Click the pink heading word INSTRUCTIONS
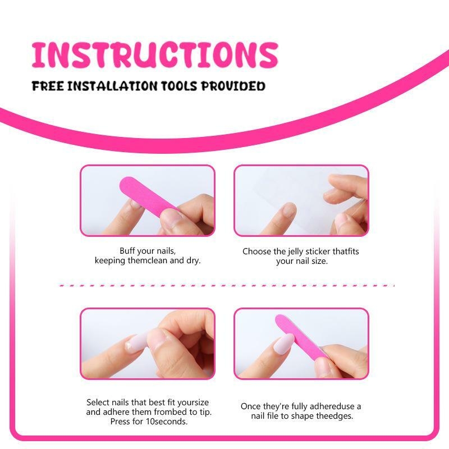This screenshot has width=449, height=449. pyautogui.click(x=154, y=54)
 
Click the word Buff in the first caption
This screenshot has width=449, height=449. pyautogui.click(x=128, y=251)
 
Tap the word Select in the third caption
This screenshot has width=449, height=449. pyautogui.click(x=98, y=402)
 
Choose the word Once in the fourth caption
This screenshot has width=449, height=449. pyautogui.click(x=250, y=406)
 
